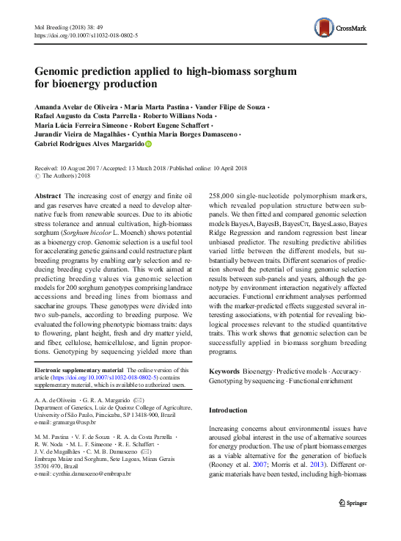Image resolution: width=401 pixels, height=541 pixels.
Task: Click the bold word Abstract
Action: tap(48, 196)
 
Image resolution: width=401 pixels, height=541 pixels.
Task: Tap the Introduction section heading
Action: tap(232, 410)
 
